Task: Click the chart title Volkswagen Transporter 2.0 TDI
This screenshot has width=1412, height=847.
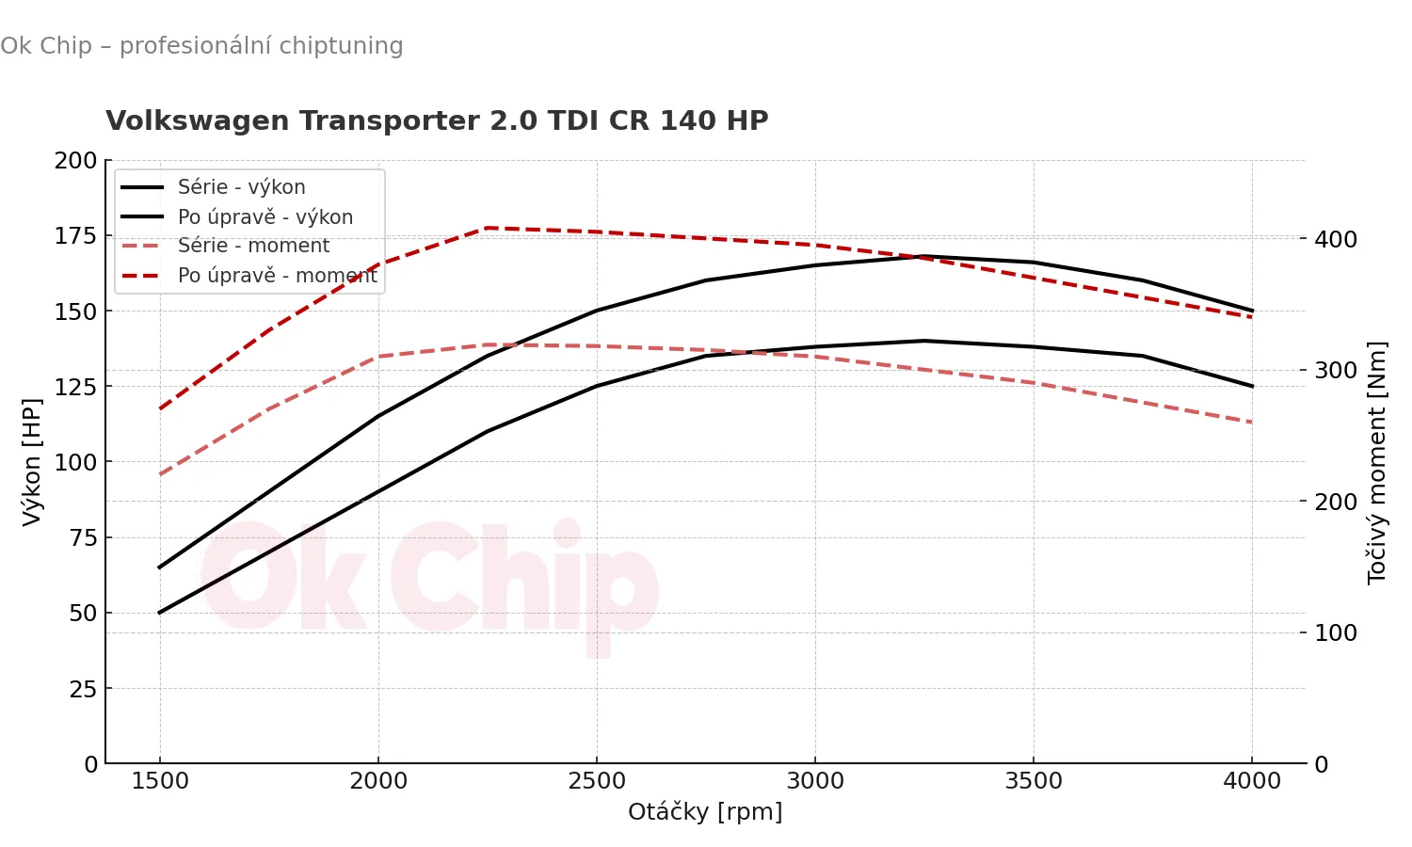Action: coord(437,120)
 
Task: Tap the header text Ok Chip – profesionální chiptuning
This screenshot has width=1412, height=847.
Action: coord(201,46)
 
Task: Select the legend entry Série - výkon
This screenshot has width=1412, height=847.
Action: coord(241,187)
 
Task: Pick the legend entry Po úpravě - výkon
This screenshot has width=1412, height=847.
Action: coord(265,217)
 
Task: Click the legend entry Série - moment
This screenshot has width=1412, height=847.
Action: coord(253,246)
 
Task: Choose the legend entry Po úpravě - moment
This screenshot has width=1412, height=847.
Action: coord(277,276)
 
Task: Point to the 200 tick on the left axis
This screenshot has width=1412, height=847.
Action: coord(75,161)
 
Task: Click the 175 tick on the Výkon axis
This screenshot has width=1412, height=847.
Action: coord(75,236)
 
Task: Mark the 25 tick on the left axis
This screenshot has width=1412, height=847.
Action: coord(84,689)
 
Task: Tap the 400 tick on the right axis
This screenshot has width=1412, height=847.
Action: coord(1336,240)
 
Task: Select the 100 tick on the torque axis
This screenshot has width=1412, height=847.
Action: coord(1336,633)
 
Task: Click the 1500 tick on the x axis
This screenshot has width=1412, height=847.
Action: coord(160,781)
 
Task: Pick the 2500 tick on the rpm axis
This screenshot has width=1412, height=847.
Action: coord(597,781)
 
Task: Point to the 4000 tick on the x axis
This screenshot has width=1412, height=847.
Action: coord(1252,781)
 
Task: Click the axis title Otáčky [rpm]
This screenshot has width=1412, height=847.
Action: coord(705,812)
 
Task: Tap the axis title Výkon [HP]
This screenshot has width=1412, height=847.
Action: coord(32,462)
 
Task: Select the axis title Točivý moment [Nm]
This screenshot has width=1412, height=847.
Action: coord(1377,462)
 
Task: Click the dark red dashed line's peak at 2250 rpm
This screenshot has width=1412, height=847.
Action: coord(488,228)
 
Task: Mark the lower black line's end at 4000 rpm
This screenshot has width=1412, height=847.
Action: coord(1252,386)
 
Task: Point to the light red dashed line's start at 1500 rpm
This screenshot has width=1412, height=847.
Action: coord(160,474)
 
